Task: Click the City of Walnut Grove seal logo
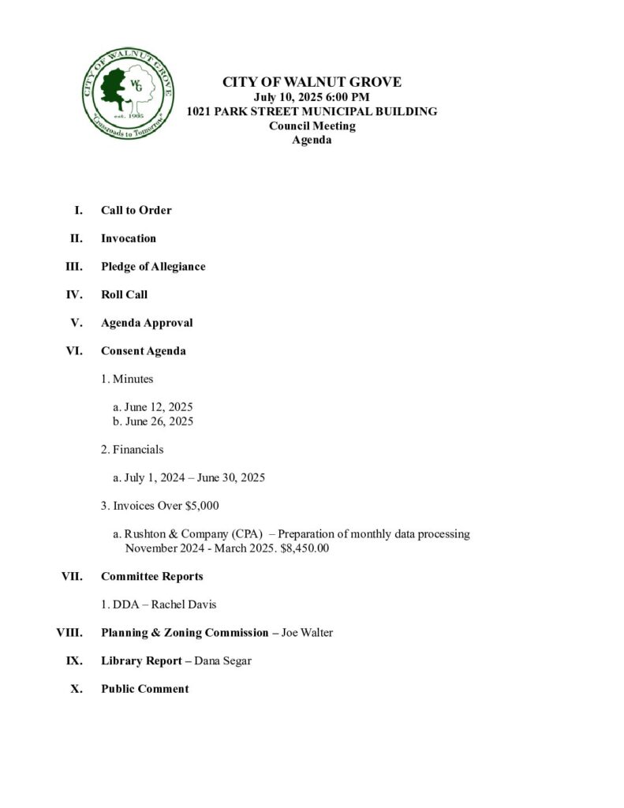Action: (128, 93)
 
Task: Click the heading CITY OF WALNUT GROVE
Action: (312, 82)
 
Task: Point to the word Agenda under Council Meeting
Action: (312, 140)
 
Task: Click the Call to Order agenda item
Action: (136, 210)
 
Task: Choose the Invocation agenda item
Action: (129, 238)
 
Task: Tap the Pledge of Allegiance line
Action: (153, 267)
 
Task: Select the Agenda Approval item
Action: (147, 323)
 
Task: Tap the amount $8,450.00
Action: (305, 548)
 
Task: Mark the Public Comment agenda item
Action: (144, 689)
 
